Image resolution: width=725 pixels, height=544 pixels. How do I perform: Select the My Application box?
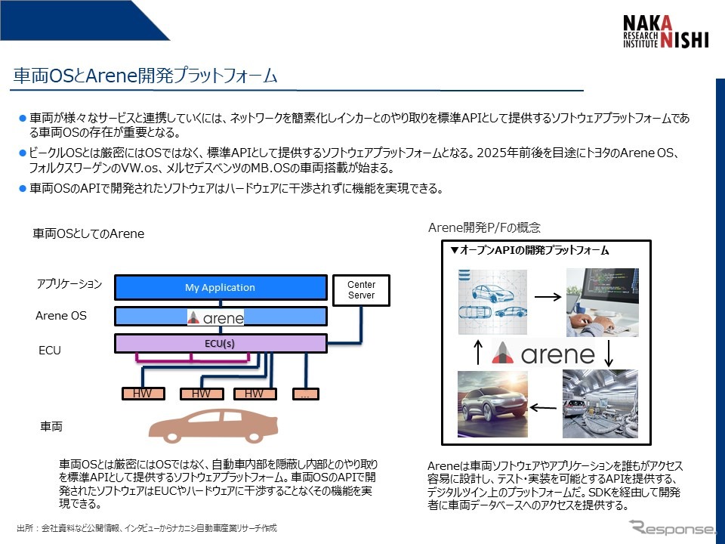click(220, 288)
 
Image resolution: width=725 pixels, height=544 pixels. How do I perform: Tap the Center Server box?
click(361, 290)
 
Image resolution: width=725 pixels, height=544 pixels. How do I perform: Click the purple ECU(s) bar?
click(220, 344)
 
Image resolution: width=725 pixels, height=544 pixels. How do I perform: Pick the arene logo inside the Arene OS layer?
click(216, 317)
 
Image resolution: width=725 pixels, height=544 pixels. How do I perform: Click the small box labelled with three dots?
click(306, 394)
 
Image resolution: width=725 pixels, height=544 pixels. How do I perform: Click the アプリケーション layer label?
click(69, 285)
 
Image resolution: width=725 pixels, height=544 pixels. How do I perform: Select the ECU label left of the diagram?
click(50, 351)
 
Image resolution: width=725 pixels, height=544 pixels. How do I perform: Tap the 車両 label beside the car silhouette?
click(51, 427)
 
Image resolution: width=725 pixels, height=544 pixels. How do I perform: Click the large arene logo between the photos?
click(542, 353)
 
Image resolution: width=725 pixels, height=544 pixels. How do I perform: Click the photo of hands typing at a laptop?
click(602, 302)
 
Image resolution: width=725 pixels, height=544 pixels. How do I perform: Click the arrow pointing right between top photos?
click(548, 296)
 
